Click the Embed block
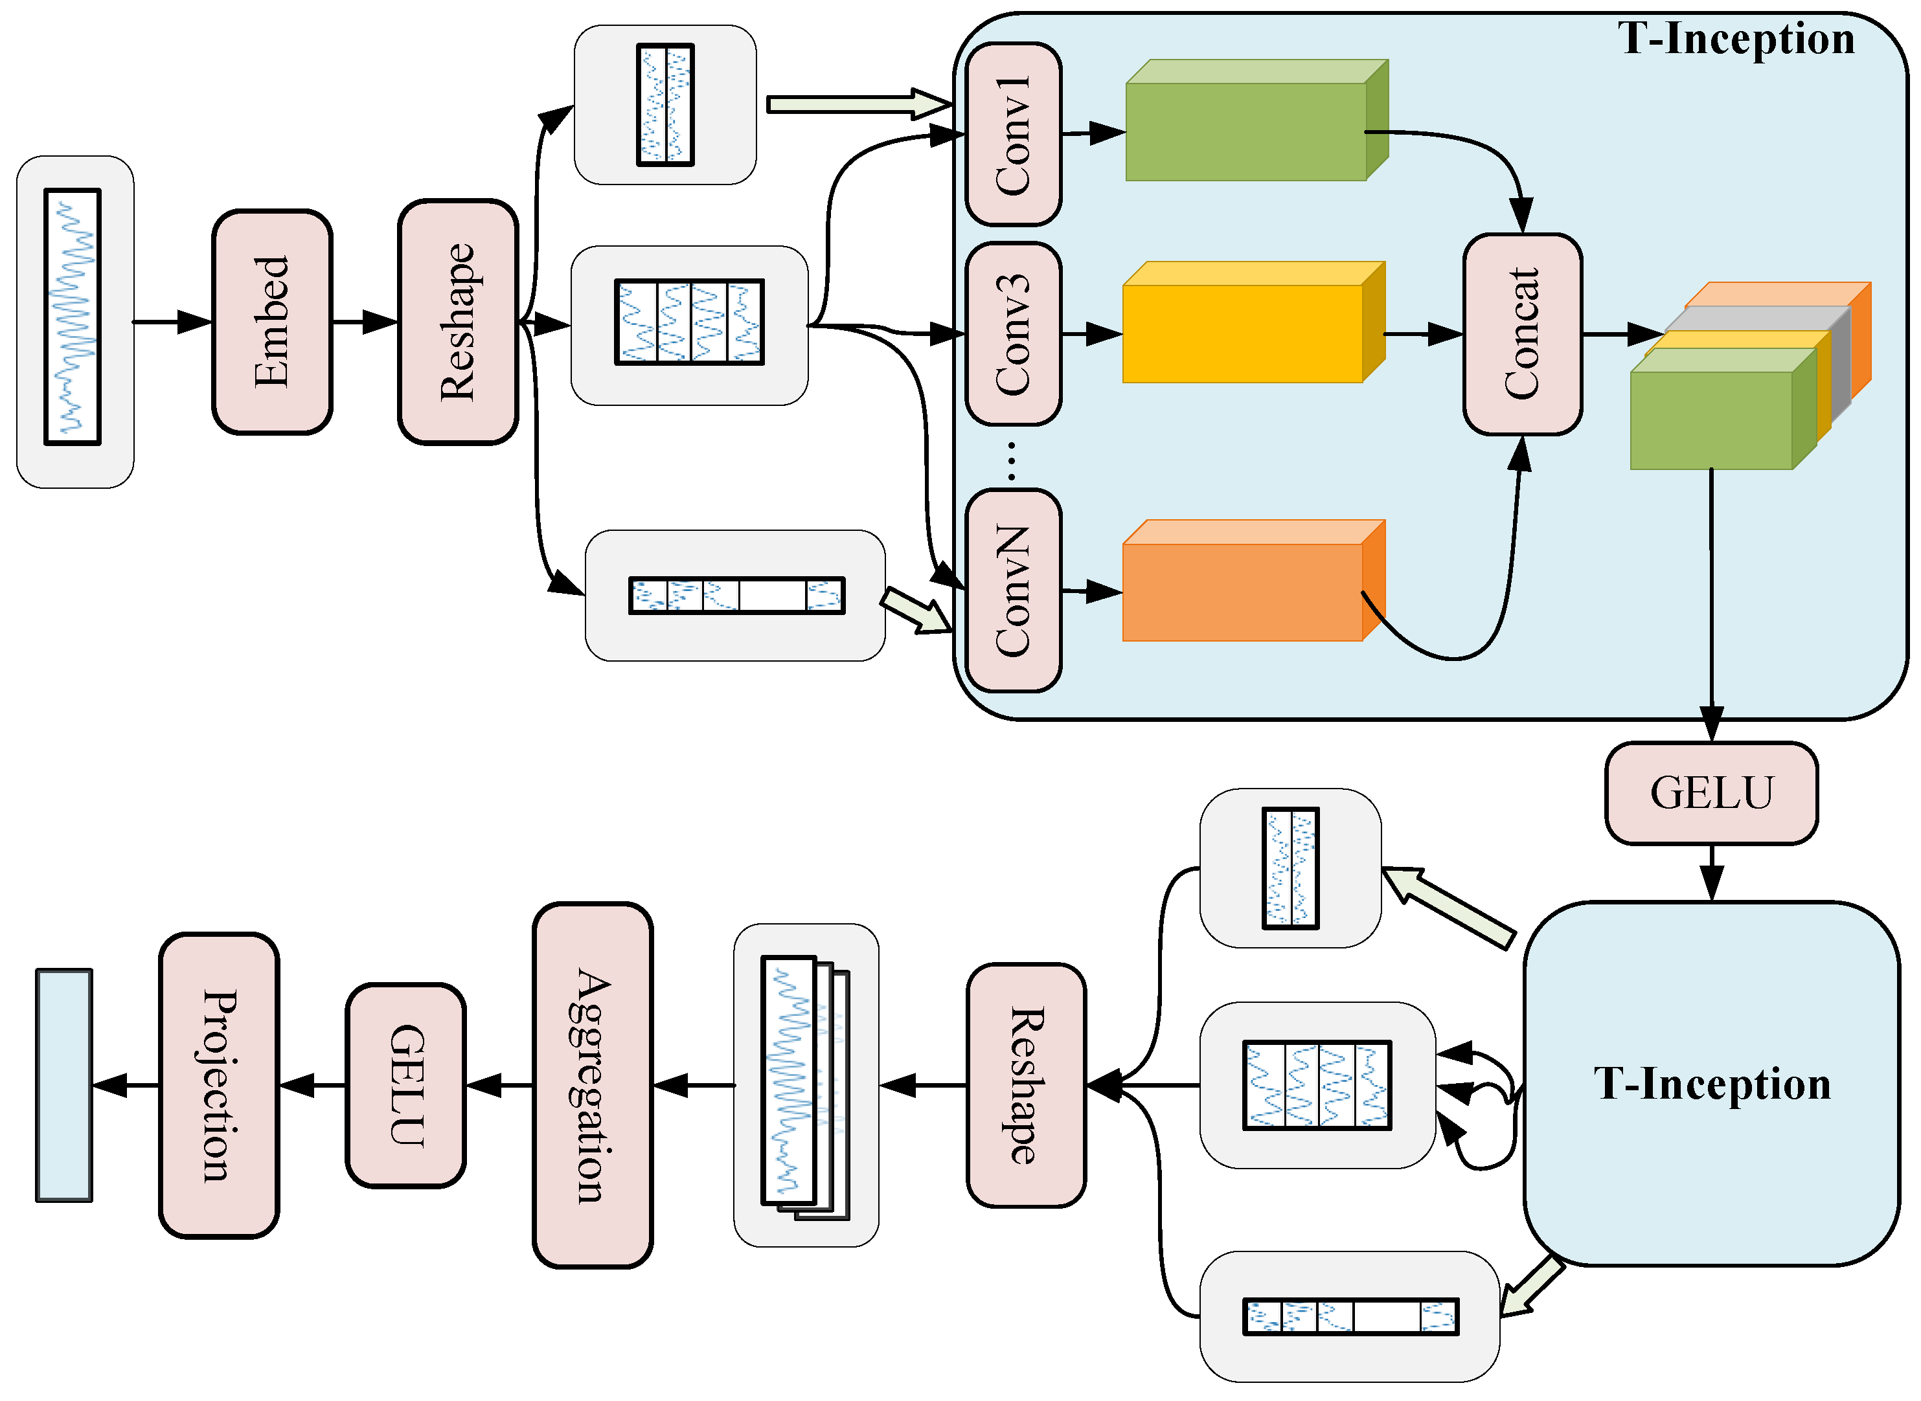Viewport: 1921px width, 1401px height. (x=271, y=322)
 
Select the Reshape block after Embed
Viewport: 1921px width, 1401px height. (x=458, y=322)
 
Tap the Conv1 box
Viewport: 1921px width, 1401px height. (x=1013, y=134)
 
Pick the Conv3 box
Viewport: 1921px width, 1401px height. (x=1013, y=334)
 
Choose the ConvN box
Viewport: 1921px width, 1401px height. (x=1013, y=591)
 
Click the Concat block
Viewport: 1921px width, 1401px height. (x=1522, y=334)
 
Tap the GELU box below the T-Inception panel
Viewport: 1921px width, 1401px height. (x=1711, y=793)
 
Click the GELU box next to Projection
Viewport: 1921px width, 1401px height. (x=405, y=1086)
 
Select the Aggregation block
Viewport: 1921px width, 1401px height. (x=592, y=1086)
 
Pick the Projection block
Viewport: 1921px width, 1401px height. (x=219, y=1086)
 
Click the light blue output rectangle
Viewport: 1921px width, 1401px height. (x=63, y=1086)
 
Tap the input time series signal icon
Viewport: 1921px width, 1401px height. (x=73, y=317)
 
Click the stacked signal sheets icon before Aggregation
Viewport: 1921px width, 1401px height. (x=804, y=1086)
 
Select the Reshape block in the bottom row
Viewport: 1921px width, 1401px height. (x=1026, y=1086)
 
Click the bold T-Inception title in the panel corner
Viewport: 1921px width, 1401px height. (x=1735, y=39)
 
